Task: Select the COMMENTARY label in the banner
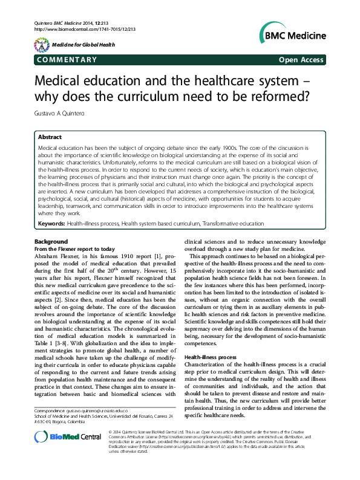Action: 67,60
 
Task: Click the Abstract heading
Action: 50,138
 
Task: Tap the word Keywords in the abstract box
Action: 51,223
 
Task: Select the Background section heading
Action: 52,242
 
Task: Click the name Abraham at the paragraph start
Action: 47,256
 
